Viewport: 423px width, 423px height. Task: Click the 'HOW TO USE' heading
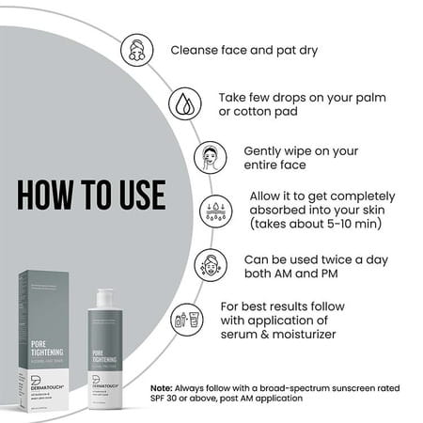tap(91, 195)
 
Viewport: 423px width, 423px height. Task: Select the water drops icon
tap(183, 102)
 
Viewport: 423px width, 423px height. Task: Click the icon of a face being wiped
tap(210, 157)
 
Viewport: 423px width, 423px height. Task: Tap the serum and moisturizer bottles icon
tap(185, 321)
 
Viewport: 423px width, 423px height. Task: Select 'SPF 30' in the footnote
tap(166, 399)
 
